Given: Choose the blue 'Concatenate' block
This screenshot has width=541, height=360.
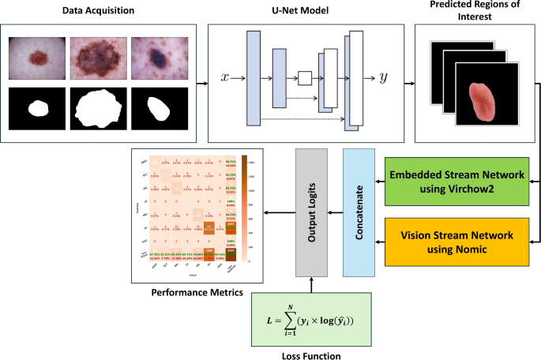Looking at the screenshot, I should point(359,212).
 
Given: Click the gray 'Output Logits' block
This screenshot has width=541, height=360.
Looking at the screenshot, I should point(310,212).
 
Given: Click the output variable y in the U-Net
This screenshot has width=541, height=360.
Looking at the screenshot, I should point(383,79).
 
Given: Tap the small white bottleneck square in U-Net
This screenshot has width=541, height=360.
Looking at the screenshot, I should point(306,78).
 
